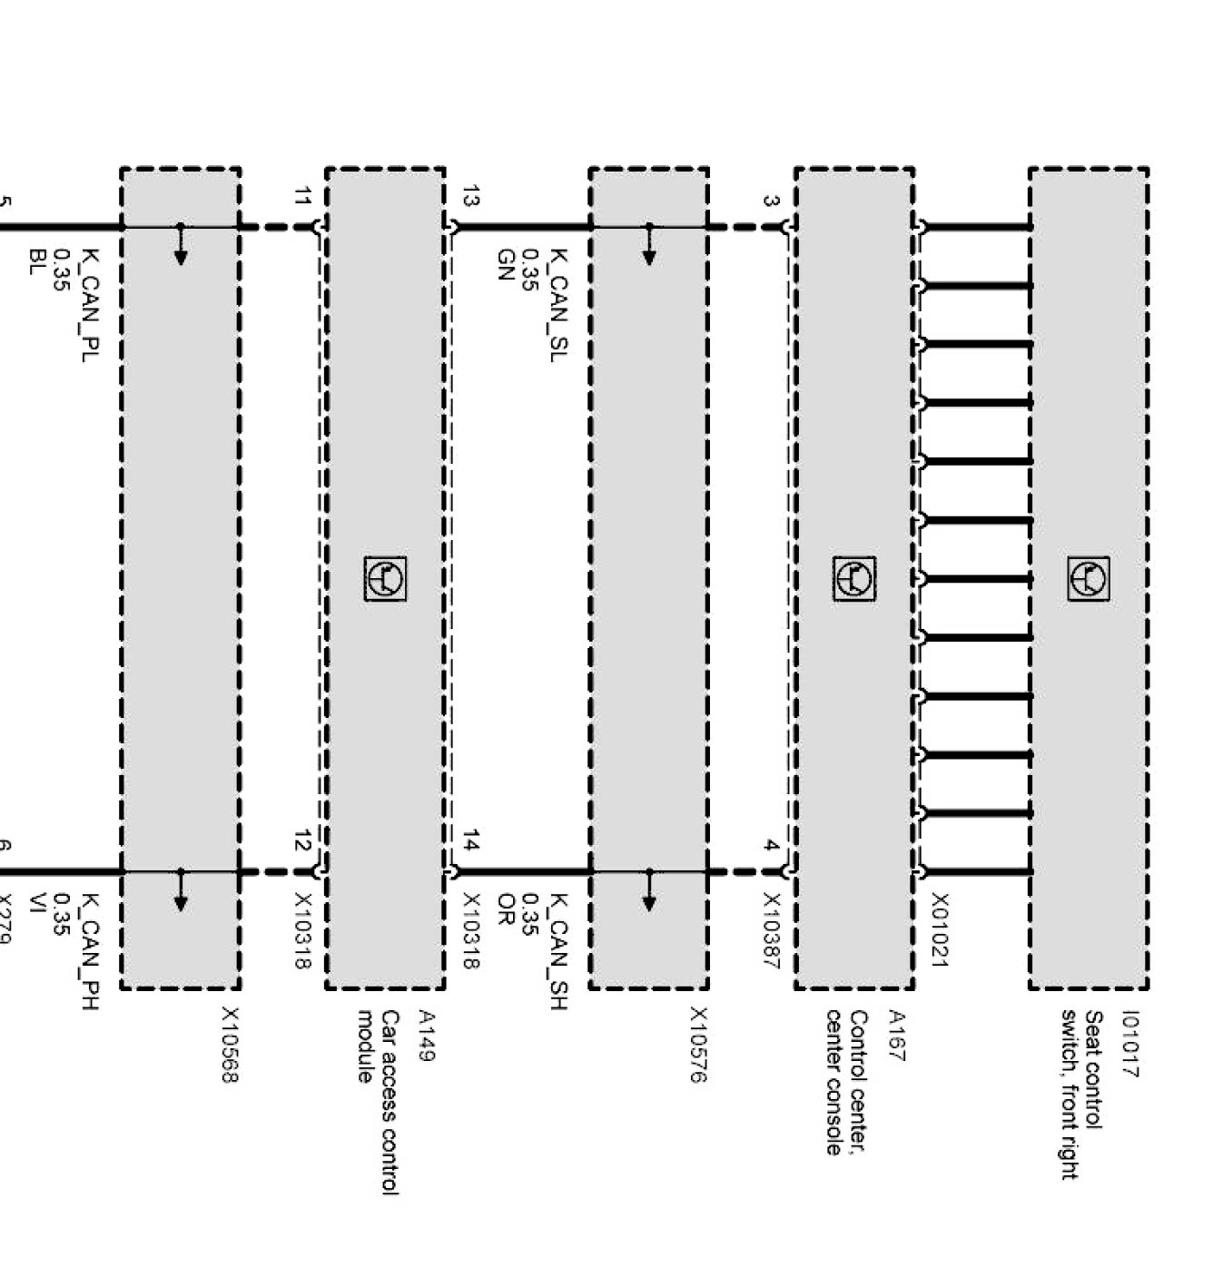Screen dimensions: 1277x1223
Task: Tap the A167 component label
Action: point(895,1036)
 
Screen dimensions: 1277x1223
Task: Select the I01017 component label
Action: point(1129,1044)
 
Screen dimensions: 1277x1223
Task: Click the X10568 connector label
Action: point(231,1044)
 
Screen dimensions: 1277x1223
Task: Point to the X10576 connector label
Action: point(698,1044)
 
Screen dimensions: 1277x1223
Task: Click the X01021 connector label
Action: point(939,929)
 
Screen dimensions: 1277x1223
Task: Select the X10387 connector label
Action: point(771,931)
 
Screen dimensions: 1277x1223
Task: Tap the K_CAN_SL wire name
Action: point(558,305)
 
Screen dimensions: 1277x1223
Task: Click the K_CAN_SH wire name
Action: point(558,951)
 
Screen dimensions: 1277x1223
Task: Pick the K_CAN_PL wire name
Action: point(90,305)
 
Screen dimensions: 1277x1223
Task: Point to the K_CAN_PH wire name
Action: point(90,951)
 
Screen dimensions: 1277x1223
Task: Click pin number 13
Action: point(470,196)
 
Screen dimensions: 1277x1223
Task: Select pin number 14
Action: point(470,840)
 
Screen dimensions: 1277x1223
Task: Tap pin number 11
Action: point(302,196)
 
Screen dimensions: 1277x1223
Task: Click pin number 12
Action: point(302,840)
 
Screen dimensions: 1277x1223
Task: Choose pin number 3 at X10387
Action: point(771,201)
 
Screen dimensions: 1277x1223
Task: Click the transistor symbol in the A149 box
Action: point(386,578)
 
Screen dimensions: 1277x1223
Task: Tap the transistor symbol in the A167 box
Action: point(854,578)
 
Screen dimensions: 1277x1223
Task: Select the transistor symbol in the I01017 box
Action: point(1089,578)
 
